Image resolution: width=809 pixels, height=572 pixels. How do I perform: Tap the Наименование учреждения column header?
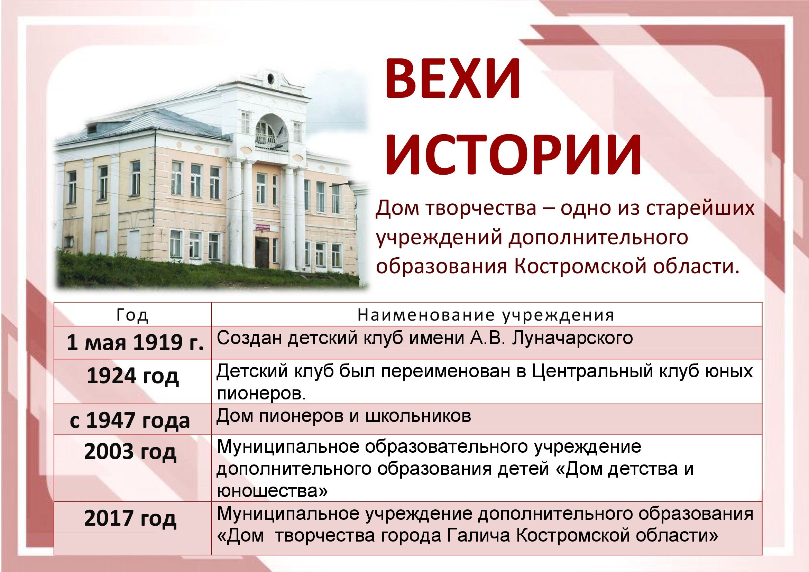[x=486, y=315]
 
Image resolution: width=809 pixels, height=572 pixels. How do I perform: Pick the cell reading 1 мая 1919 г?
[x=135, y=342]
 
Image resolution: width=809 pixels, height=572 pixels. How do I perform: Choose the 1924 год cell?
[x=132, y=376]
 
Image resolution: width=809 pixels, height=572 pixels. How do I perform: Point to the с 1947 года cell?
[x=130, y=421]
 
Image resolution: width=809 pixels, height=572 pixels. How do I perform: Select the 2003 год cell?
[x=130, y=452]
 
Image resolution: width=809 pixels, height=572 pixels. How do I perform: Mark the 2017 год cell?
[x=130, y=518]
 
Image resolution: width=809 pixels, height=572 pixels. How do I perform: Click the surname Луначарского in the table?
[x=572, y=338]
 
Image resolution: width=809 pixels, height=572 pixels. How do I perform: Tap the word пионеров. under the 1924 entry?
[x=261, y=394]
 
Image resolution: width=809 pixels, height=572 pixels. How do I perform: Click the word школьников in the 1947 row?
[x=418, y=416]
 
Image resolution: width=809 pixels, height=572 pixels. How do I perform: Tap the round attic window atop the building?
[x=270, y=78]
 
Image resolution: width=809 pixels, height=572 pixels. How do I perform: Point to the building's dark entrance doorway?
[x=262, y=253]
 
